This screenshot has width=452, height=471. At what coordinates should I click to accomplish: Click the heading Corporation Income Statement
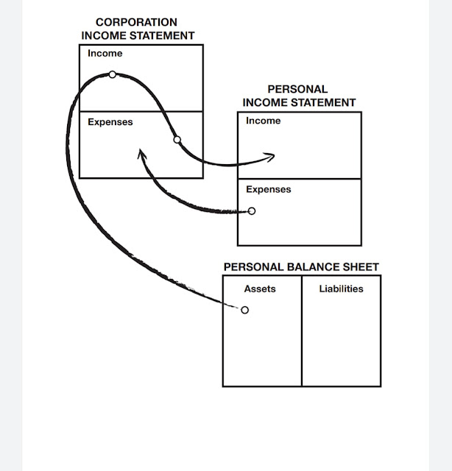138,29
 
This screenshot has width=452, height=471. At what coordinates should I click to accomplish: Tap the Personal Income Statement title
298,96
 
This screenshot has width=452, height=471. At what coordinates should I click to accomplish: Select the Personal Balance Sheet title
301,267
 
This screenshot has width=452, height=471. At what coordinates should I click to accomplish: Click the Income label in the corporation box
105,54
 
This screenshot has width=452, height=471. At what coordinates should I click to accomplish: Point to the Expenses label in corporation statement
110,122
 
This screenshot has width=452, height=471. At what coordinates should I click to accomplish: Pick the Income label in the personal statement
264,121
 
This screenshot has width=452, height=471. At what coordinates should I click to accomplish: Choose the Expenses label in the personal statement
269,189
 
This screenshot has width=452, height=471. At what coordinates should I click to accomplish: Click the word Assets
260,289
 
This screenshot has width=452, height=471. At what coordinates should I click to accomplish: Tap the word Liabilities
341,289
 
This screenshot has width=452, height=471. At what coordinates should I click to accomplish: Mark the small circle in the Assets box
245,310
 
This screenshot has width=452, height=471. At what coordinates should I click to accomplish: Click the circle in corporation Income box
112,74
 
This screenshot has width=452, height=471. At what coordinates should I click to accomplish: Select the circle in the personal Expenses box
252,211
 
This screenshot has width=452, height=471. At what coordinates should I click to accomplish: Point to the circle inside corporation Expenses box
177,140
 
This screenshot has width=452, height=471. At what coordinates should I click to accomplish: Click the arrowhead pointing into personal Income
270,157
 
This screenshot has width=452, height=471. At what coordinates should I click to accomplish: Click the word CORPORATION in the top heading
137,23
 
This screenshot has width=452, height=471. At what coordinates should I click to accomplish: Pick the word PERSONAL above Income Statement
297,90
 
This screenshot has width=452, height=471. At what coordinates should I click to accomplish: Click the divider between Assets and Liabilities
302,331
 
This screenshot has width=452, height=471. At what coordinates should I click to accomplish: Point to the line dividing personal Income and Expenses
300,179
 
